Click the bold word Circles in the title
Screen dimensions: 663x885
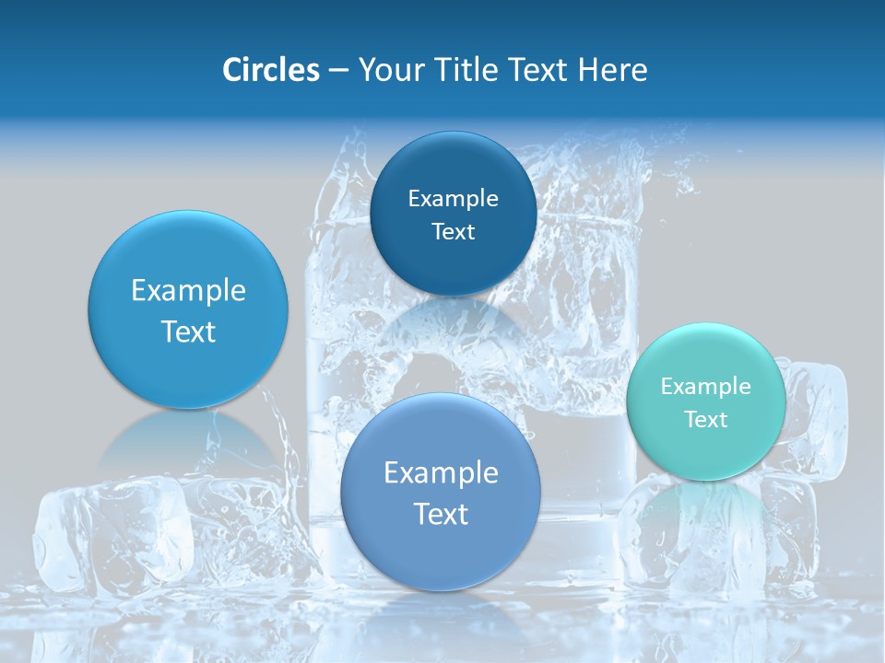(271, 70)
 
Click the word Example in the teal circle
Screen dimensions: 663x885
(706, 386)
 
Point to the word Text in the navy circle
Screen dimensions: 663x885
(453, 232)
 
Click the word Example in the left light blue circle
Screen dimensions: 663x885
(188, 290)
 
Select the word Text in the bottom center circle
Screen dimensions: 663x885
(441, 514)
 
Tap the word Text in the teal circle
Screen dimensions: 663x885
(706, 419)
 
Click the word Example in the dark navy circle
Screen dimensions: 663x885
(453, 198)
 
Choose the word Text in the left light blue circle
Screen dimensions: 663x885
(188, 331)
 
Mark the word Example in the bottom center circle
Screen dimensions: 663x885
(441, 472)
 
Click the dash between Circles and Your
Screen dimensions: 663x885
(337, 71)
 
